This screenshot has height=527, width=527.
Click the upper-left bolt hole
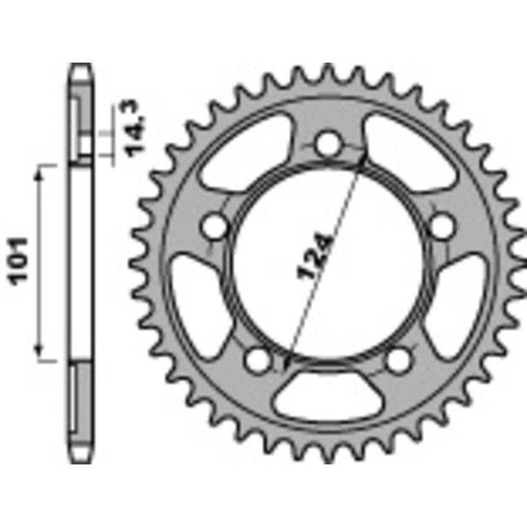pyautogui.click(x=213, y=227)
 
